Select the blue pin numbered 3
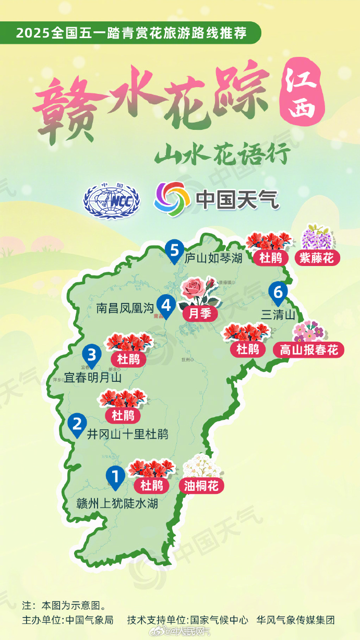[91, 356]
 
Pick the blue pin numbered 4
[166, 305]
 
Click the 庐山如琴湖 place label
[213, 257]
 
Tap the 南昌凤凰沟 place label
[126, 308]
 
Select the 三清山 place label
[278, 315]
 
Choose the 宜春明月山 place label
[93, 377]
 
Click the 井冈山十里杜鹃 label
[127, 434]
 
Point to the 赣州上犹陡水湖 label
[117, 504]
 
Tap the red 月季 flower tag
[200, 313]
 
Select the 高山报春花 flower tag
[309, 349]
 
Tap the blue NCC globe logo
[112, 200]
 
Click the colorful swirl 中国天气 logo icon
[172, 199]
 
